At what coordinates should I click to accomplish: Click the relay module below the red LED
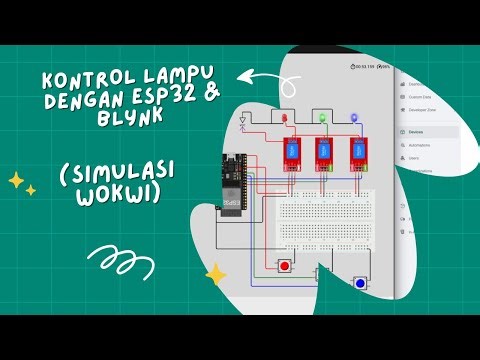coord(290,153)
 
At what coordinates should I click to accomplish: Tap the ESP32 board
coord(236,186)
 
